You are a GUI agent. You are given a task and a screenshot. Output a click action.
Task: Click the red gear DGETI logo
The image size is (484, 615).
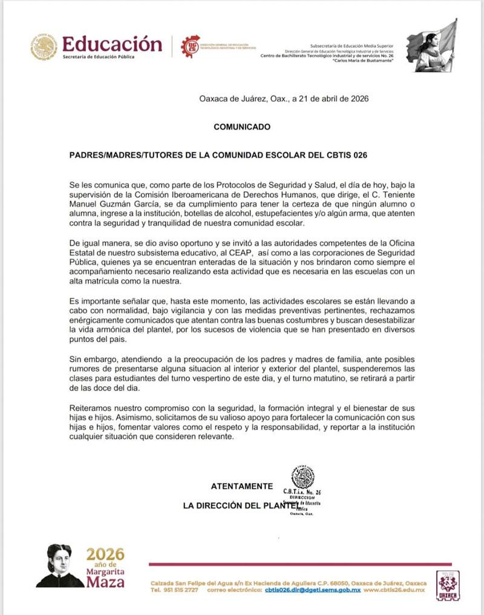pos(191,46)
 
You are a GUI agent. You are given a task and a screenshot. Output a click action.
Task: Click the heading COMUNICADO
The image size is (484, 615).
pos(242,127)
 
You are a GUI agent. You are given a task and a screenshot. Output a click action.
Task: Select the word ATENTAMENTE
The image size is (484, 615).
pos(241,486)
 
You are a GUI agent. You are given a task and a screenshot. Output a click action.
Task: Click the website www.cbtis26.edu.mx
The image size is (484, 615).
pos(394,590)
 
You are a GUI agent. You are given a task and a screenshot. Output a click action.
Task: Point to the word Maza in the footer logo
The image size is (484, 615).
pos(105,582)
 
